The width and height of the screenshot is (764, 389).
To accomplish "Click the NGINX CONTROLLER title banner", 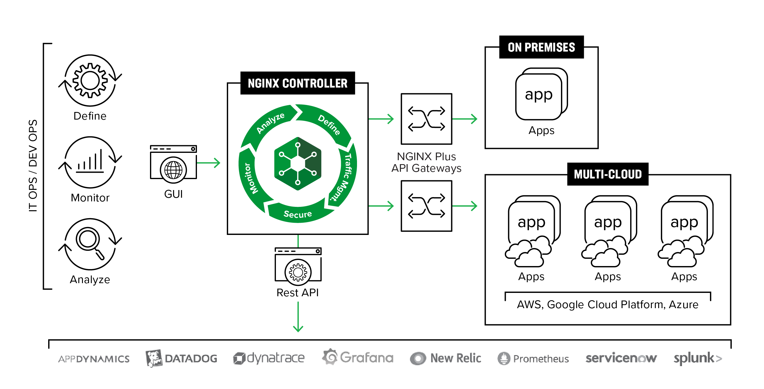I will click(297, 83).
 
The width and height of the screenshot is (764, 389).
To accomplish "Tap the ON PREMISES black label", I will click(541, 47).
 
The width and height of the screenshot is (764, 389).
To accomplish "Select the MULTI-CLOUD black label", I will click(607, 174).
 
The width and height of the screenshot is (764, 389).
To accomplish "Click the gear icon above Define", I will click(90, 81).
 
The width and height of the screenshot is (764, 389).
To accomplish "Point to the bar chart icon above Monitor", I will click(90, 162).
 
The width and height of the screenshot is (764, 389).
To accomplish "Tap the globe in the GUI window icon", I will click(173, 170).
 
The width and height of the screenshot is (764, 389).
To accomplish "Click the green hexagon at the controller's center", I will click(298, 164).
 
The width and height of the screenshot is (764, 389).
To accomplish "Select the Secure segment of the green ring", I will click(298, 214).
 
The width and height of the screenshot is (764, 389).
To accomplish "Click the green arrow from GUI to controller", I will click(209, 163).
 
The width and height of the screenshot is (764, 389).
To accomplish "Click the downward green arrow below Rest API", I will click(298, 317).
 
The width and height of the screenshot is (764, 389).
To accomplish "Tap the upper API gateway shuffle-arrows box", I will click(426, 119).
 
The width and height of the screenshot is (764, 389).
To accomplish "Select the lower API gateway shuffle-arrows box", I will click(426, 206).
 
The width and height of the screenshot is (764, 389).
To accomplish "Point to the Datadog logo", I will click(181, 358).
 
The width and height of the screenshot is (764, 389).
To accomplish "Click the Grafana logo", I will click(358, 358).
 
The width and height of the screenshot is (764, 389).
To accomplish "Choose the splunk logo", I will click(698, 358).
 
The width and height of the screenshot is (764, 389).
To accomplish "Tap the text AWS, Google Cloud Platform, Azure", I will click(607, 304).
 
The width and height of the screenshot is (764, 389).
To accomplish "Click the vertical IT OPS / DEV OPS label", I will click(33, 166).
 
